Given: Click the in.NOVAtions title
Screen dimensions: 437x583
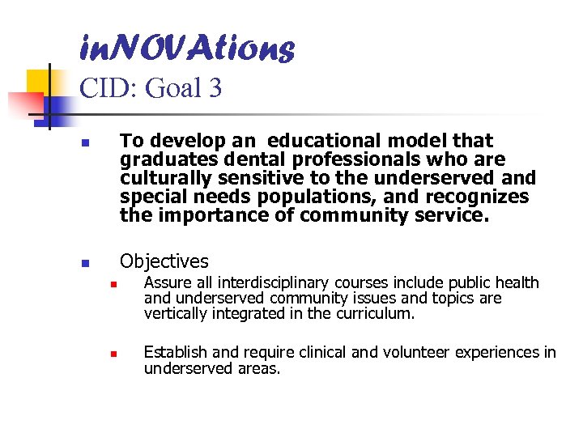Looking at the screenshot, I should click(x=187, y=49).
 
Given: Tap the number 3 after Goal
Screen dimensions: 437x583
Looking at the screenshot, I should click(x=214, y=87).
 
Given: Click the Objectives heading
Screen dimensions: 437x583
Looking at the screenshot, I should click(x=164, y=261).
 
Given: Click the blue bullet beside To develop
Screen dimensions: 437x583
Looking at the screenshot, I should click(x=85, y=145).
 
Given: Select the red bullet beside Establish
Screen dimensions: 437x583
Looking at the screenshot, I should click(x=114, y=354).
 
